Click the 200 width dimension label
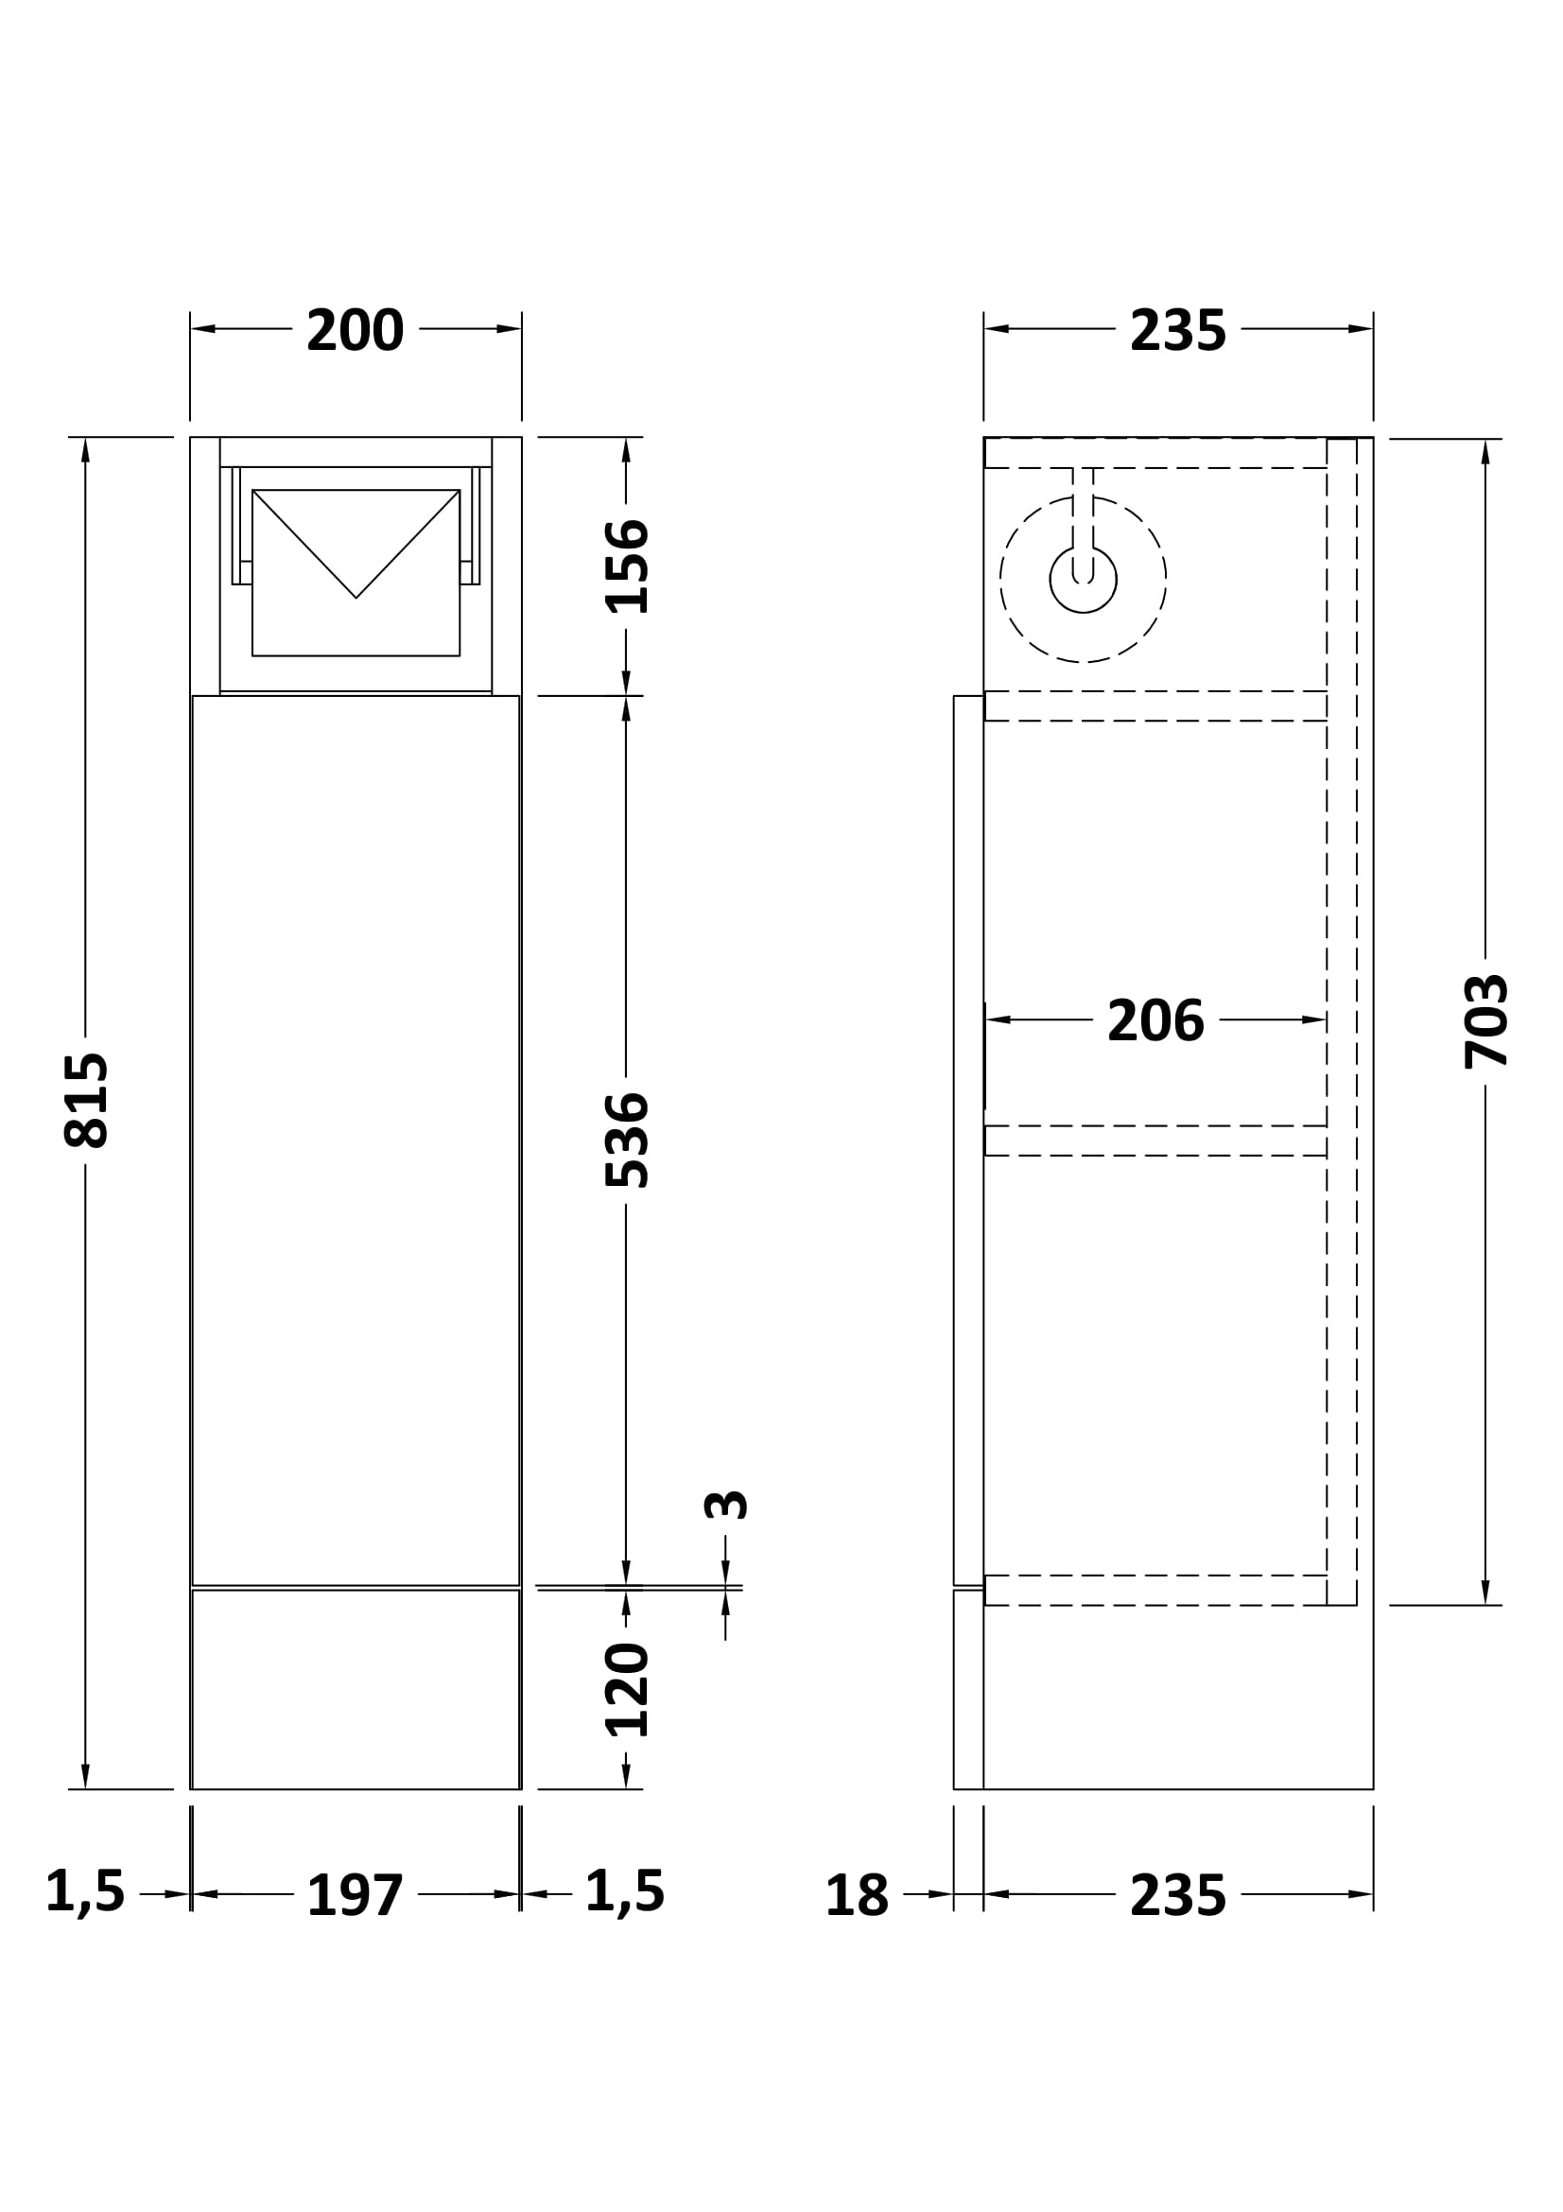[x=355, y=330]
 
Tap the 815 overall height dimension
[x=87, y=1100]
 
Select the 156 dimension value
[x=627, y=566]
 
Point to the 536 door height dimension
[x=627, y=1140]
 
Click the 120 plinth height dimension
[x=627, y=1690]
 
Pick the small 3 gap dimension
[x=726, y=1505]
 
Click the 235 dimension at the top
[x=1178, y=330]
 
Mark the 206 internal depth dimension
[x=1155, y=1020]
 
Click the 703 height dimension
[x=1486, y=1021]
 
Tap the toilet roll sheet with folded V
[x=356, y=573]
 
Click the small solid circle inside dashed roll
[x=1084, y=579]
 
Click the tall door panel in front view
[x=356, y=1140]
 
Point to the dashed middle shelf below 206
[x=1155, y=1141]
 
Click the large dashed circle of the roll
[x=1084, y=579]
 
